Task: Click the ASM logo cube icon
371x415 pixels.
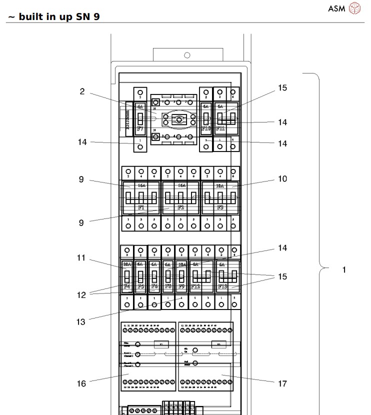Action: click(x=354, y=8)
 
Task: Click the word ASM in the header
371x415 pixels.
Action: click(x=336, y=8)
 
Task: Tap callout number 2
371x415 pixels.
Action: click(x=81, y=91)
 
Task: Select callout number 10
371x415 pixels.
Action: click(x=282, y=179)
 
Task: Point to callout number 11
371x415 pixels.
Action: click(x=81, y=258)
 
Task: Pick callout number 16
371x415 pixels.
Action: click(x=81, y=383)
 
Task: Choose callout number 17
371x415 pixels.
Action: click(x=282, y=383)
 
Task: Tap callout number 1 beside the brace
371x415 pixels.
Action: click(x=343, y=269)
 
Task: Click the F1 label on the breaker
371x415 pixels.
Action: click(x=141, y=206)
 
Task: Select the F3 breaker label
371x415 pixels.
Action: click(x=220, y=206)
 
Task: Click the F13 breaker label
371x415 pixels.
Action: click(x=222, y=286)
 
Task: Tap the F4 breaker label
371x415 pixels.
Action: click(x=127, y=286)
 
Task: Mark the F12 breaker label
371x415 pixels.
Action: click(x=196, y=286)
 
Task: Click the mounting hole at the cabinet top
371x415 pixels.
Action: click(x=186, y=54)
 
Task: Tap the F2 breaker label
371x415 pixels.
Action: click(x=180, y=206)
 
